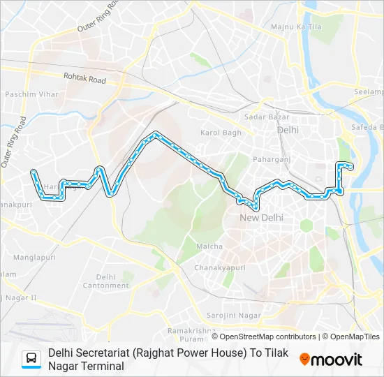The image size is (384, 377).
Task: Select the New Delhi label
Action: [261, 218]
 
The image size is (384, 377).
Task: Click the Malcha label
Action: [209, 246]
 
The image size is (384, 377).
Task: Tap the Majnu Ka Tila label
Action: [296, 27]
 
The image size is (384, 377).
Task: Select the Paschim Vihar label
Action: [27, 94]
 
